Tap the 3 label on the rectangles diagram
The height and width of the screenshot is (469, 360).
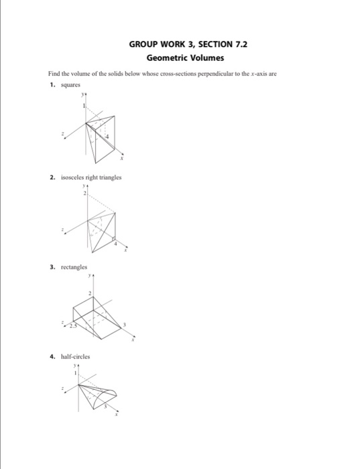click(x=123, y=324)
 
